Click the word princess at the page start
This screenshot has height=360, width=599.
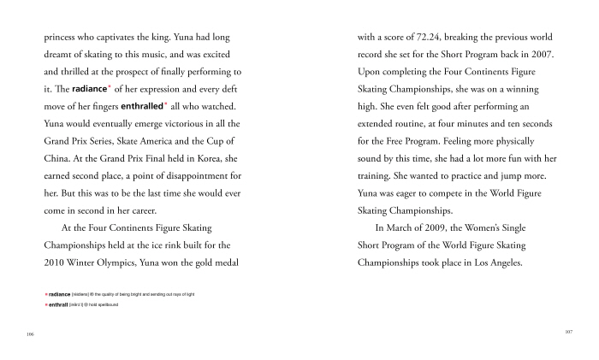tap(62, 38)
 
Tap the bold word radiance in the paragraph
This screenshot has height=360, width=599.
tap(90, 89)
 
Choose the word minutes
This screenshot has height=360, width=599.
tap(485, 123)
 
